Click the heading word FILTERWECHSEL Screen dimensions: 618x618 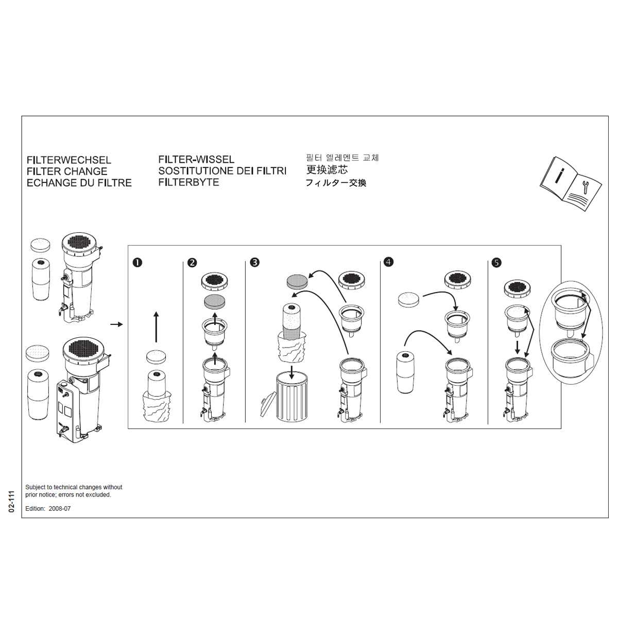[68, 160]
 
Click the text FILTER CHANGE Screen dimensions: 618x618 [67, 171]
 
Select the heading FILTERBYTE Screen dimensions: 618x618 [188, 182]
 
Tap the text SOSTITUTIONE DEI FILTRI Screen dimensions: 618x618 [222, 171]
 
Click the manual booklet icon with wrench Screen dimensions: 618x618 [570, 183]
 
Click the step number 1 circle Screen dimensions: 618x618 [137, 263]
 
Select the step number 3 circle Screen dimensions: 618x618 [254, 263]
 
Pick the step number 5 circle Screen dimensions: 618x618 [496, 263]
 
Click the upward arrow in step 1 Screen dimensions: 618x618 [156, 327]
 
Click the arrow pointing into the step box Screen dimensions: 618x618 [117, 324]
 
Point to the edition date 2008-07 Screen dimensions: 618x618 [60, 509]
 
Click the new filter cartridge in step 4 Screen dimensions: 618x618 [405, 372]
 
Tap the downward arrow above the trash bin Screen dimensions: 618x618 [292, 372]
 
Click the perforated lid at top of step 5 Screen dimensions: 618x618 [518, 287]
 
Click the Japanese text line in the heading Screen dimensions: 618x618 [336, 183]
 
